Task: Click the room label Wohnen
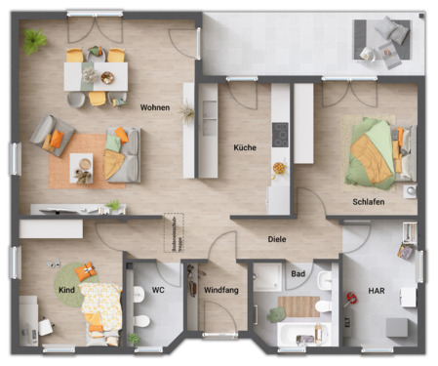pos(155,107)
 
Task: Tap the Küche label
pos(245,148)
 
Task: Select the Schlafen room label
pos(368,202)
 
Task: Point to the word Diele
pos(278,239)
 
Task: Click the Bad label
pos(298,274)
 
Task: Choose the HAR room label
pos(377,291)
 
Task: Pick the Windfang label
pos(221,291)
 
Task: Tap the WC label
pos(159,291)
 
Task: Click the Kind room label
pos(66,291)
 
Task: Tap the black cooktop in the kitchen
pos(280,134)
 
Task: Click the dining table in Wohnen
pos(95,73)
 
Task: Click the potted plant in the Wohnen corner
pos(35,40)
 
